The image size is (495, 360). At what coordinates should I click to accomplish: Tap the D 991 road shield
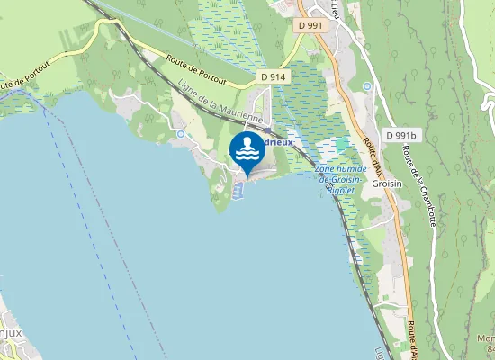coord(310,25)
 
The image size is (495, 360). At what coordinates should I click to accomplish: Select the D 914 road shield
coord(274,77)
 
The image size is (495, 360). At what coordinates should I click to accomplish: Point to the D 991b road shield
coord(402,135)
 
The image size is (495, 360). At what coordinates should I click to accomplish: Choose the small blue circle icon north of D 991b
coord(367,86)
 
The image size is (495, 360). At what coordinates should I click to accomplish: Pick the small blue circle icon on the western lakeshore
coord(181,134)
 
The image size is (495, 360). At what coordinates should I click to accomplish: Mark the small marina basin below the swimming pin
coord(238,192)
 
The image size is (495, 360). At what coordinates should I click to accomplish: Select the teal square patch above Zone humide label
coord(342,144)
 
